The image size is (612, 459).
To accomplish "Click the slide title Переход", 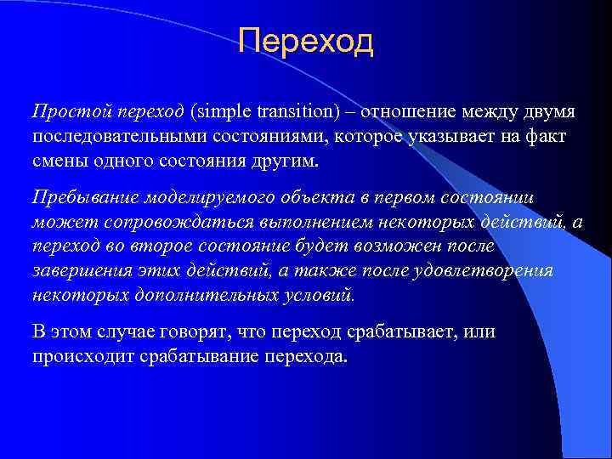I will [x=306, y=40].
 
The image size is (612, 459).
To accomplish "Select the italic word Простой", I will [x=61, y=112].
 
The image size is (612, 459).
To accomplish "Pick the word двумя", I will [x=547, y=112].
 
